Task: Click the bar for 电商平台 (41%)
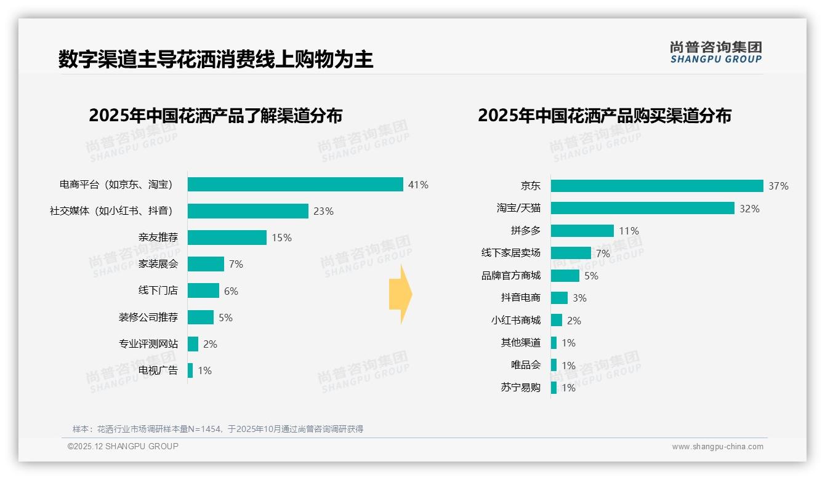pos(295,185)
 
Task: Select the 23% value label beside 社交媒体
pos(323,211)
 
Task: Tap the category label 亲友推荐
pos(158,238)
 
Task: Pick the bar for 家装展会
pos(206,264)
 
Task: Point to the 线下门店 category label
pos(158,290)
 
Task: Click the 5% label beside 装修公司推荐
pos(225,318)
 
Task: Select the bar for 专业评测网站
pos(193,344)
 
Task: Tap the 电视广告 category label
pos(158,370)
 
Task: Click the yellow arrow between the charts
pos(400,294)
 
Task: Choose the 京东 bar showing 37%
pos(657,186)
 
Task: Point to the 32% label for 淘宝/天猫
pos(749,209)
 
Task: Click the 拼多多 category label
pos(525,231)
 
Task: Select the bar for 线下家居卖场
pos(571,253)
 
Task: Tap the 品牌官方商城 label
pos(510,276)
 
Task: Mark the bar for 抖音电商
pos(559,298)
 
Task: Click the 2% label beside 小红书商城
pos(574,321)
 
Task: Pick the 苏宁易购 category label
pos(520,388)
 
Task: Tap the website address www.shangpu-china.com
pos(717,447)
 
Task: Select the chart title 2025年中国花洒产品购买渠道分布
pos(604,116)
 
